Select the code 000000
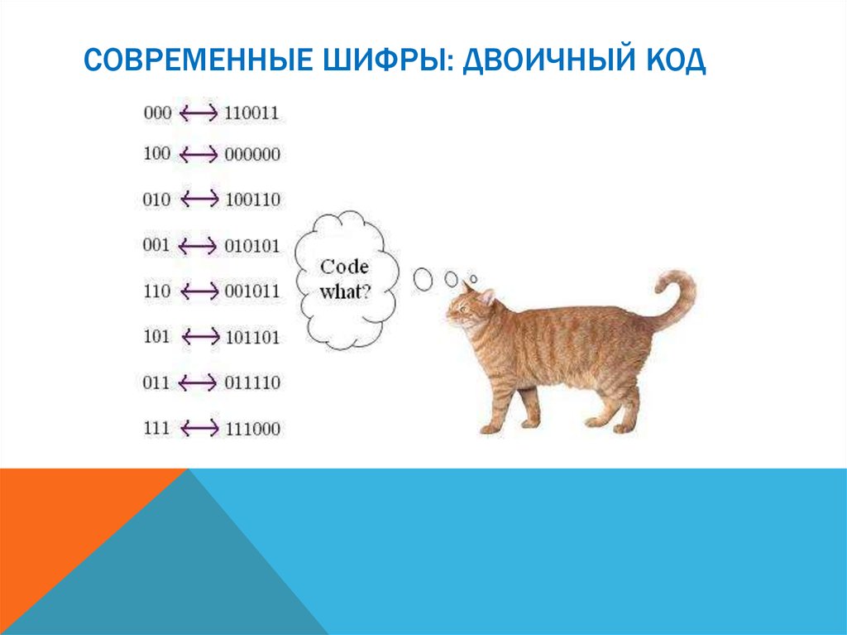pos(251,155)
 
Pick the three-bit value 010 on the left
pos(156,200)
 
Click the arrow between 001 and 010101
pos(199,246)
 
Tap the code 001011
pos(251,291)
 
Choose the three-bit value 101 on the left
pos(156,337)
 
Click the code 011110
pos(251,382)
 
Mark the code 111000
pos(251,429)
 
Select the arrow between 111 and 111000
pos(199,429)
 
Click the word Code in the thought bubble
pos(344,267)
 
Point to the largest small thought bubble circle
pos(423,279)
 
